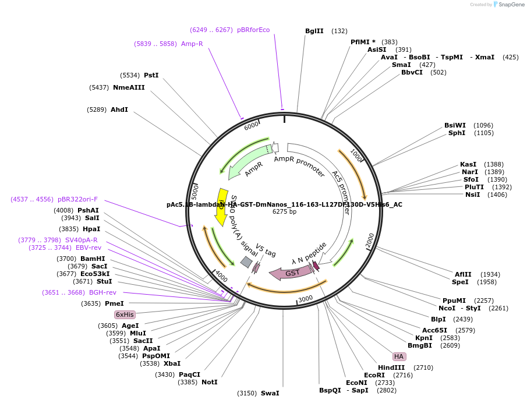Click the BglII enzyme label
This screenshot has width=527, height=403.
click(x=314, y=31)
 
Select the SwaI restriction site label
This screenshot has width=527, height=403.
click(x=270, y=393)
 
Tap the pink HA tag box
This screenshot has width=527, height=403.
click(x=399, y=356)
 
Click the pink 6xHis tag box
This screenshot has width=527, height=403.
click(x=125, y=314)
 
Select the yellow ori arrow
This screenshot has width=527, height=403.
click(x=221, y=207)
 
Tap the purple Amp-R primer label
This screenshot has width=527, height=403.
click(x=192, y=44)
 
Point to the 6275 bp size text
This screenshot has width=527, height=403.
click(x=284, y=211)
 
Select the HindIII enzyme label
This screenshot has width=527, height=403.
click(x=391, y=367)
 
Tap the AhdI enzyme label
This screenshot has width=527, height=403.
click(x=119, y=109)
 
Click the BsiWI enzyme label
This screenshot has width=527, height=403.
click(x=455, y=125)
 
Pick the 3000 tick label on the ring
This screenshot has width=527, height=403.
click(x=306, y=298)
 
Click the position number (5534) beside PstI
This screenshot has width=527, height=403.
click(x=130, y=75)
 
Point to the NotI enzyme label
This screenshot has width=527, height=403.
click(x=209, y=382)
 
